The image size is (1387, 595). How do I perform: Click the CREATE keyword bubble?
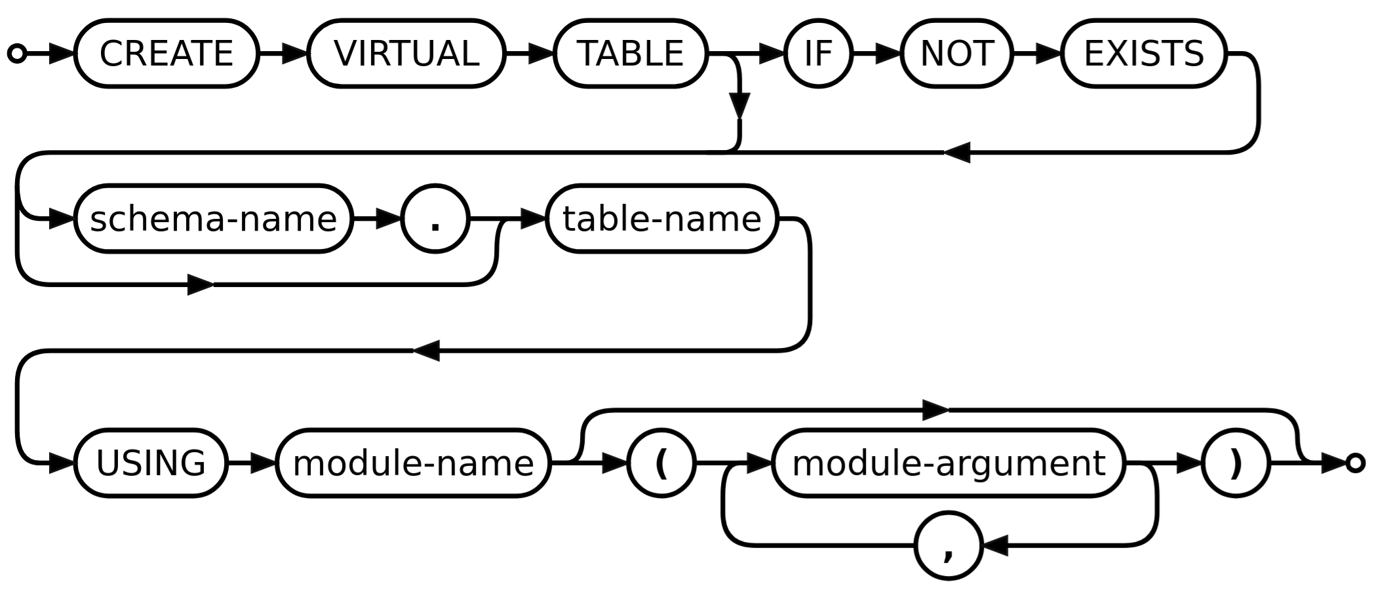pyautogui.click(x=166, y=53)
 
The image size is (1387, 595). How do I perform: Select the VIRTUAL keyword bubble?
pyautogui.click(x=406, y=53)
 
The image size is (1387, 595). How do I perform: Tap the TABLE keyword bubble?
pyautogui.click(x=631, y=53)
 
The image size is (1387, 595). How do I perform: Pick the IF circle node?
pyautogui.click(x=818, y=53)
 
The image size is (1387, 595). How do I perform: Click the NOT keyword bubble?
pyautogui.click(x=957, y=53)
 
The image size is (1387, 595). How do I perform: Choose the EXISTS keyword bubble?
pyautogui.click(x=1144, y=53)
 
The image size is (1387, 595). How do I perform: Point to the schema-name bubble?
pyautogui.click(x=214, y=218)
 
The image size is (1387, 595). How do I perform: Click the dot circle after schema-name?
pyautogui.click(x=435, y=218)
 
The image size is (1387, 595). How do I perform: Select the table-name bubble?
pyautogui.click(x=662, y=218)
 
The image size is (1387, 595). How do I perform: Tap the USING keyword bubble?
pyautogui.click(x=151, y=463)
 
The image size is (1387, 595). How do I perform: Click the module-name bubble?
pyautogui.click(x=414, y=463)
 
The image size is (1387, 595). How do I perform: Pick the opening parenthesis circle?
pyautogui.click(x=661, y=463)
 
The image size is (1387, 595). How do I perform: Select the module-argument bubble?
pyautogui.click(x=948, y=463)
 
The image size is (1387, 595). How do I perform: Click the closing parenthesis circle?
pyautogui.click(x=1236, y=463)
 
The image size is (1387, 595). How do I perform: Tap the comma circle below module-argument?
pyautogui.click(x=948, y=545)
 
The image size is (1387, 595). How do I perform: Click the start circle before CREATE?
pyautogui.click(x=17, y=53)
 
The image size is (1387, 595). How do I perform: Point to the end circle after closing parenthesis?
pyautogui.click(x=1356, y=463)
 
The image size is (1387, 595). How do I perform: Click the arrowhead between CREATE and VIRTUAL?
pyautogui.click(x=295, y=53)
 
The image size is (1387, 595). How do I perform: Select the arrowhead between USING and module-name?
pyautogui.click(x=263, y=463)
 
